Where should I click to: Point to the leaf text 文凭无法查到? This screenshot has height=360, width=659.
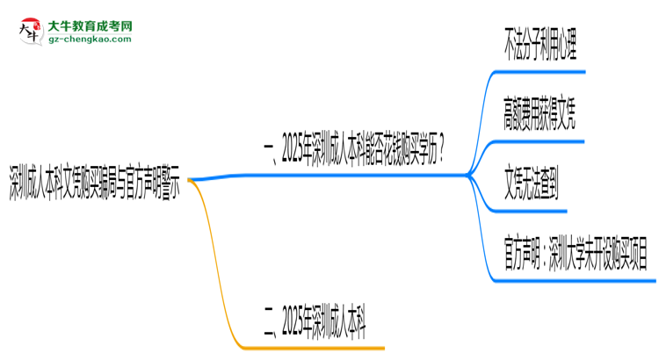pos(531,187)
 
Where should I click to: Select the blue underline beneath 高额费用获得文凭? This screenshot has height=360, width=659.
pos(536,140)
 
